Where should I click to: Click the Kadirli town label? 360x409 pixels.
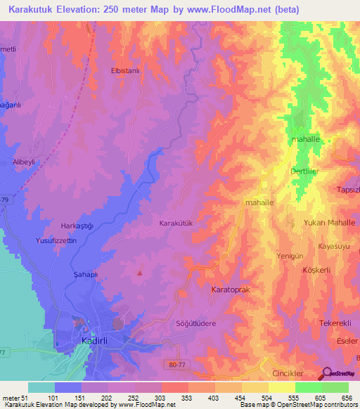tap(90, 341)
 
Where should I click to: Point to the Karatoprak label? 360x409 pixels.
tap(231, 290)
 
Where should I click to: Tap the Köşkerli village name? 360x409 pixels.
tap(316, 270)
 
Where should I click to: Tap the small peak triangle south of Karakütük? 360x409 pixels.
tap(140, 273)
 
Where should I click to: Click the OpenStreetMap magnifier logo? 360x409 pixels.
tap(328, 374)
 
